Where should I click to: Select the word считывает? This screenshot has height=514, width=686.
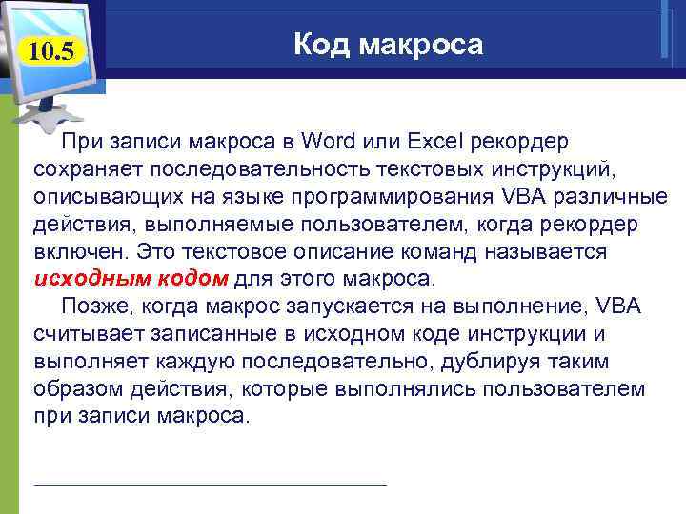(x=87, y=334)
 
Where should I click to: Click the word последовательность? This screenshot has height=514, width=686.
(x=254, y=170)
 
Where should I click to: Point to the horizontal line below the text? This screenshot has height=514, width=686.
(x=210, y=485)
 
